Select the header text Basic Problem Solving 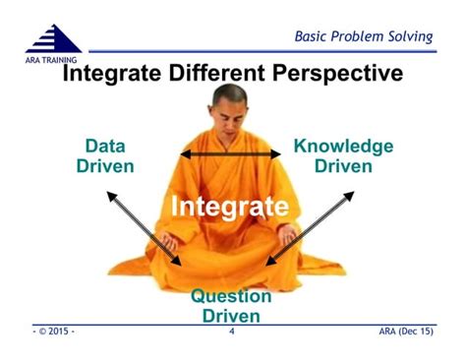coord(364,36)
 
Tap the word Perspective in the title coord(334,74)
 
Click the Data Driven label coord(105,155)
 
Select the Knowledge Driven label coord(343,155)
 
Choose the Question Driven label coord(231,306)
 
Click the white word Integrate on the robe coord(229,207)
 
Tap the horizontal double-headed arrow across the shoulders coord(230,153)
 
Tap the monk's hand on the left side coord(170,239)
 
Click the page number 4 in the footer coord(231,332)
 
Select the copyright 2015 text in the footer coord(54,332)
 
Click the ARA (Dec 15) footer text coord(405,332)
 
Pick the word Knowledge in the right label coord(343,146)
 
